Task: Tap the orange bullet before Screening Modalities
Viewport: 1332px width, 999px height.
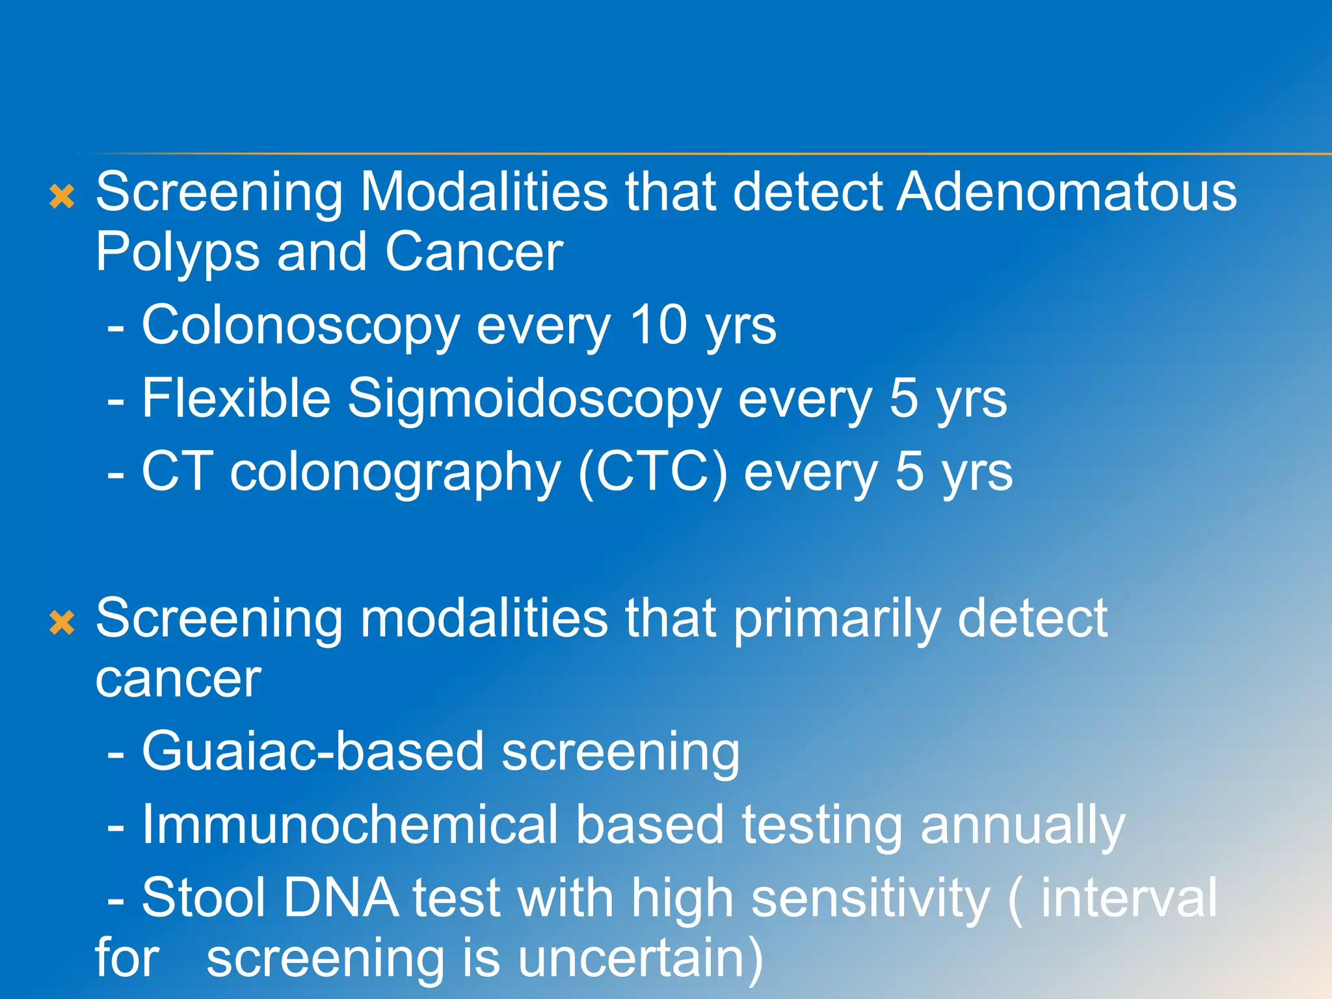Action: (x=62, y=196)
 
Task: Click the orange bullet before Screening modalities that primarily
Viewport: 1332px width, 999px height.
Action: (x=62, y=622)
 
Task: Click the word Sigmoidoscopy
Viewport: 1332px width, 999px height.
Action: (x=534, y=399)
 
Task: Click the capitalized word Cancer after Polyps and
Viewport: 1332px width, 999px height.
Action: (x=474, y=252)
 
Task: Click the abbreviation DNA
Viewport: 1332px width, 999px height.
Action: (x=341, y=898)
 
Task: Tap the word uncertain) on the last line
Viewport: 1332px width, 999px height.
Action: (x=641, y=959)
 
